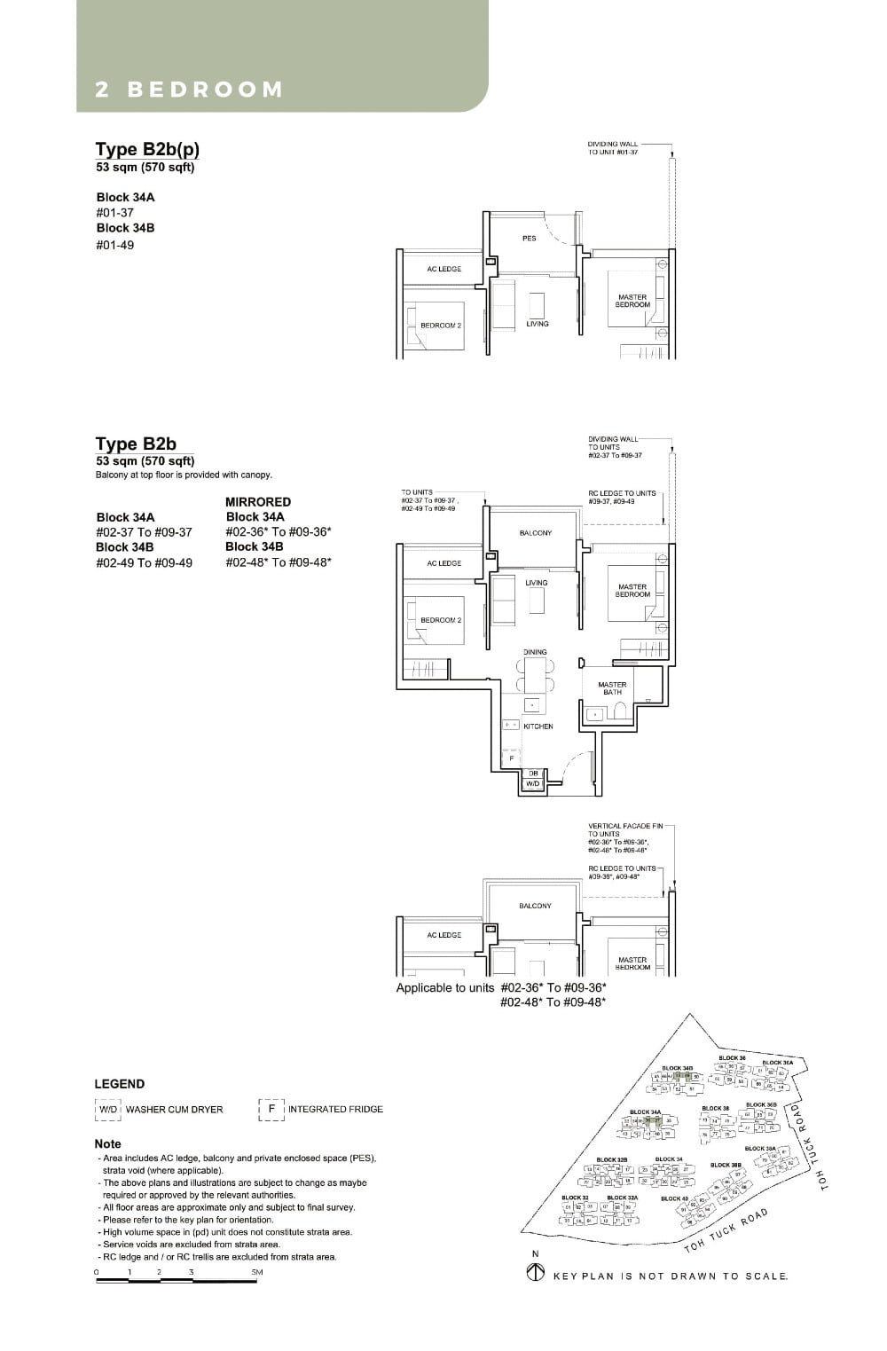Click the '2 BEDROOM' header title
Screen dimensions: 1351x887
[x=189, y=90]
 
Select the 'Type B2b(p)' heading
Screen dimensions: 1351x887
[x=147, y=149]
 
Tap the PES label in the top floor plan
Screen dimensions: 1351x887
[x=529, y=238]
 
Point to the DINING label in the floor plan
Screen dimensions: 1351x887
[x=535, y=652]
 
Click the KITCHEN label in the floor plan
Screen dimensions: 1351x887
[x=538, y=727]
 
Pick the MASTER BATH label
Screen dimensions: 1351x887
[x=612, y=688]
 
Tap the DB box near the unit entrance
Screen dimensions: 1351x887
[x=533, y=774]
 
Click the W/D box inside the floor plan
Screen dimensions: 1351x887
[x=533, y=784]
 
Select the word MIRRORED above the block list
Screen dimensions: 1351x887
[x=258, y=502]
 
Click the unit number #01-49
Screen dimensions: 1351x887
[x=115, y=245]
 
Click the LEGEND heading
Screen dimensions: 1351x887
[x=120, y=1084]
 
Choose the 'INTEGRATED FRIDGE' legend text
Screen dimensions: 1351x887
[x=335, y=1109]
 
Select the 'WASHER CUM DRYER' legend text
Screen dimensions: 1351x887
[x=175, y=1110]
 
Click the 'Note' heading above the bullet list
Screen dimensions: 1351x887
[x=108, y=1144]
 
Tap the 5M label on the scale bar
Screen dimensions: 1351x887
[x=257, y=1272]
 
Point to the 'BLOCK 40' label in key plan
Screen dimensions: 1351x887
[x=674, y=1198]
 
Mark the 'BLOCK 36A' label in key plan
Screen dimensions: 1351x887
[x=777, y=1062]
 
